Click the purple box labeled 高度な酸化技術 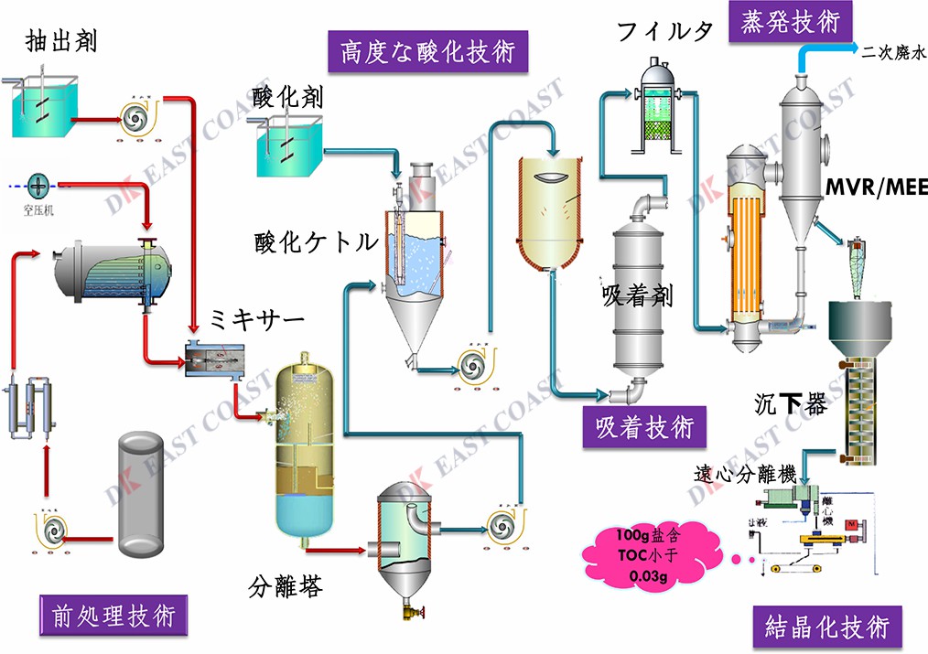(x=428, y=50)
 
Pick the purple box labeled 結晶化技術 (x=825, y=627)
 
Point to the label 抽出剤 (x=61, y=40)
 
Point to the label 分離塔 (x=285, y=586)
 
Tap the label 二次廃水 (x=893, y=52)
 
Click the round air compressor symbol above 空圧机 (x=38, y=185)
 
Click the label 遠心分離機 (x=743, y=475)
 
